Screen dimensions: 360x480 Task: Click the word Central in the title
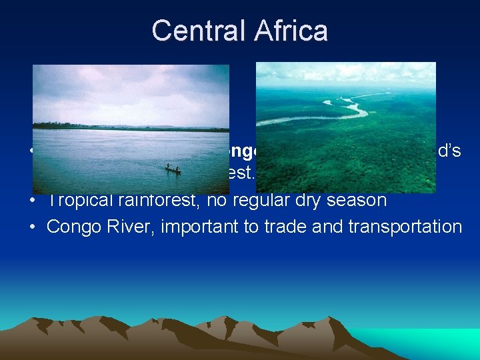195,31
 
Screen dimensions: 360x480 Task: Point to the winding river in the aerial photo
333,111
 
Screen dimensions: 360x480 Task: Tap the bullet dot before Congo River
33,227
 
